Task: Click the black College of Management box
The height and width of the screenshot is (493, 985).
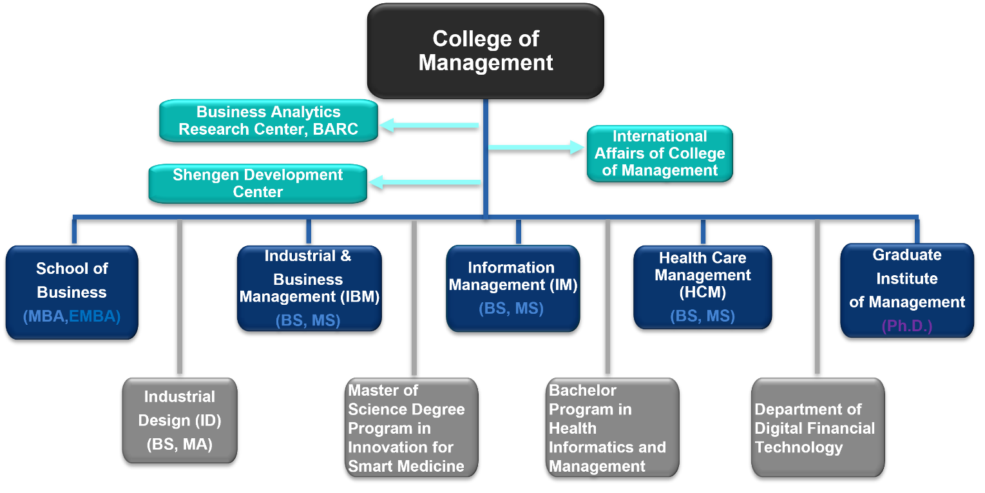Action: point(486,51)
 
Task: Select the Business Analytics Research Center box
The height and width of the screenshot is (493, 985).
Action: point(268,121)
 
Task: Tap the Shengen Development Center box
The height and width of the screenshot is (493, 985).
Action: point(258,184)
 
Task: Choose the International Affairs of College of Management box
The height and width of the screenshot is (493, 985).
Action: point(660,153)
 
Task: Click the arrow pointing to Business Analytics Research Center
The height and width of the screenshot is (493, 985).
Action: point(429,125)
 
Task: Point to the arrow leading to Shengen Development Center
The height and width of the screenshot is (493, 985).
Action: point(425,182)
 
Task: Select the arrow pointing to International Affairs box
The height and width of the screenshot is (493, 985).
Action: point(537,148)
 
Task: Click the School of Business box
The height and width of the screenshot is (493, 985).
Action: point(72,293)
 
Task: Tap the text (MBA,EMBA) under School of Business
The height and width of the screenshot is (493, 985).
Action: point(72,316)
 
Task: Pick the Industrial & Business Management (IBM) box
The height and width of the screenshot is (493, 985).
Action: point(309,289)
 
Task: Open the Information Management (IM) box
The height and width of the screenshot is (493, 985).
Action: point(513,289)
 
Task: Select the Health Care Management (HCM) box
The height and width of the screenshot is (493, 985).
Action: point(703,287)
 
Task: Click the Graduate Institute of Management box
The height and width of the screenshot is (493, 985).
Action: point(907,291)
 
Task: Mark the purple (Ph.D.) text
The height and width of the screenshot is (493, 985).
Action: point(907,326)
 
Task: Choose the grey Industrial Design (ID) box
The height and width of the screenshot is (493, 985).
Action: point(180,420)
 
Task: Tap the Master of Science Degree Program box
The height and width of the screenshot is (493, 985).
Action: point(412,427)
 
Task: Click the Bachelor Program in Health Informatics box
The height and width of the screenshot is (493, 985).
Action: point(613,427)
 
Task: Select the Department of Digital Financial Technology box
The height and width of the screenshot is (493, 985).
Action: point(818,427)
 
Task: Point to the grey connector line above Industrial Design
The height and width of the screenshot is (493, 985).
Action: point(180,297)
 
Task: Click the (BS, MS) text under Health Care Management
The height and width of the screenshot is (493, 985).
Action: point(703,316)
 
